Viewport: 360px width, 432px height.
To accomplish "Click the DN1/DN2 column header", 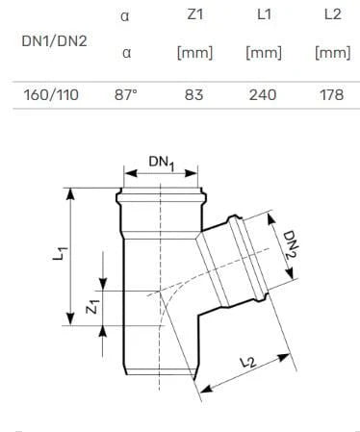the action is pos(54,41).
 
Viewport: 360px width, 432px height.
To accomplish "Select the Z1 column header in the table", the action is pos(194,14).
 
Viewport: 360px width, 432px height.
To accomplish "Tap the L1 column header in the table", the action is pos(264,14).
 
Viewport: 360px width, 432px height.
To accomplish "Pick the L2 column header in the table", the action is pos(333,14).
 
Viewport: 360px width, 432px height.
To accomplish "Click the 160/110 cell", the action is pos(51,95).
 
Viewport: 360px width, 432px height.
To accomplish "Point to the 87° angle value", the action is pos(126,95).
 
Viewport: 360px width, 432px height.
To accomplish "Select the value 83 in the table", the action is pos(193,95).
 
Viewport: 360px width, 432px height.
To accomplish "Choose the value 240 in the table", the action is pos(263,95).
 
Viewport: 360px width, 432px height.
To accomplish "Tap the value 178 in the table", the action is pos(332,95).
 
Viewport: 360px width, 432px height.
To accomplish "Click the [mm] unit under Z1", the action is pos(194,53).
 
